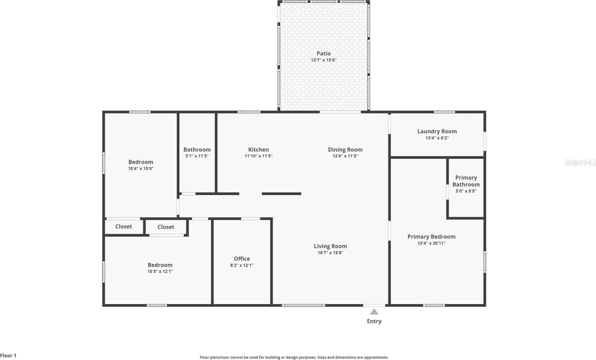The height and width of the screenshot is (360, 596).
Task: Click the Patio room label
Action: click(323, 54)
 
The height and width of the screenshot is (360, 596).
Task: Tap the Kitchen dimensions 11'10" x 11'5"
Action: click(259, 156)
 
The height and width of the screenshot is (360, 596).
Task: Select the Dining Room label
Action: click(345, 150)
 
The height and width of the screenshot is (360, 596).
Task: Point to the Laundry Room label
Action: click(437, 131)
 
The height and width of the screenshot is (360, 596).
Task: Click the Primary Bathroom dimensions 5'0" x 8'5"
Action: click(466, 191)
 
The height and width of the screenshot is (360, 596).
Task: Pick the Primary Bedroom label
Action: click(431, 237)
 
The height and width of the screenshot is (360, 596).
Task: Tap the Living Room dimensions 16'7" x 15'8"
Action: click(330, 253)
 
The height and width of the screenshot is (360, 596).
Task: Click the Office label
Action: click(242, 259)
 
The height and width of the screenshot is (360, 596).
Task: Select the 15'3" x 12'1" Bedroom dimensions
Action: click(160, 271)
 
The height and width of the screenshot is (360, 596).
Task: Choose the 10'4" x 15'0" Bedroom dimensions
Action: click(141, 169)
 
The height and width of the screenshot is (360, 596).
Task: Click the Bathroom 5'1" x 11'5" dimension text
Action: click(197, 156)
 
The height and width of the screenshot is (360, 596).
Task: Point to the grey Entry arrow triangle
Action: click(374, 312)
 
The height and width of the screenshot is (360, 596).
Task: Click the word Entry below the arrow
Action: click(374, 321)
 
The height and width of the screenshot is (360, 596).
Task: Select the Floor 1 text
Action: click(8, 355)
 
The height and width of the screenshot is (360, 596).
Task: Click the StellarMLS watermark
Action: click(580, 162)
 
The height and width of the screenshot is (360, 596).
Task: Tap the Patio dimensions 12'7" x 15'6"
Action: click(323, 60)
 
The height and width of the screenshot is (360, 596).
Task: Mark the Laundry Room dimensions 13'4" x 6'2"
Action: click(437, 138)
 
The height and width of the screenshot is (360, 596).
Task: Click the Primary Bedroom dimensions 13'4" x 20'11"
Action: click(431, 243)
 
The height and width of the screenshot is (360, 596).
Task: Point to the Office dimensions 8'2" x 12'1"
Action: click(242, 265)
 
